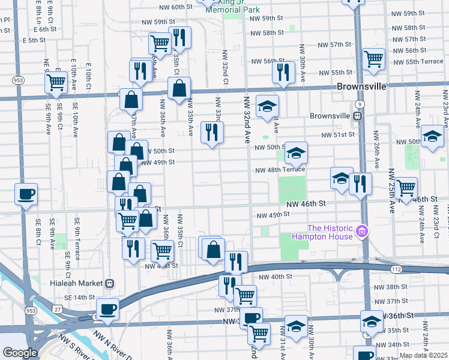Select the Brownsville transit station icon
coord(357,116)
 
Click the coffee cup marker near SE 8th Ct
coord(26,194)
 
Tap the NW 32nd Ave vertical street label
coord(247,119)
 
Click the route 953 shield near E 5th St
coord(19,80)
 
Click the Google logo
coord(20,352)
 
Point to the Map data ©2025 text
coord(423,355)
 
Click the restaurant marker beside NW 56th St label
coord(283,72)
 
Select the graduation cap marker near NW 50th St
coord(296,154)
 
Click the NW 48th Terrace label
coord(280,170)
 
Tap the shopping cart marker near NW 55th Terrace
coord(373,59)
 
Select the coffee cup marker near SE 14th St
coord(107,310)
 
